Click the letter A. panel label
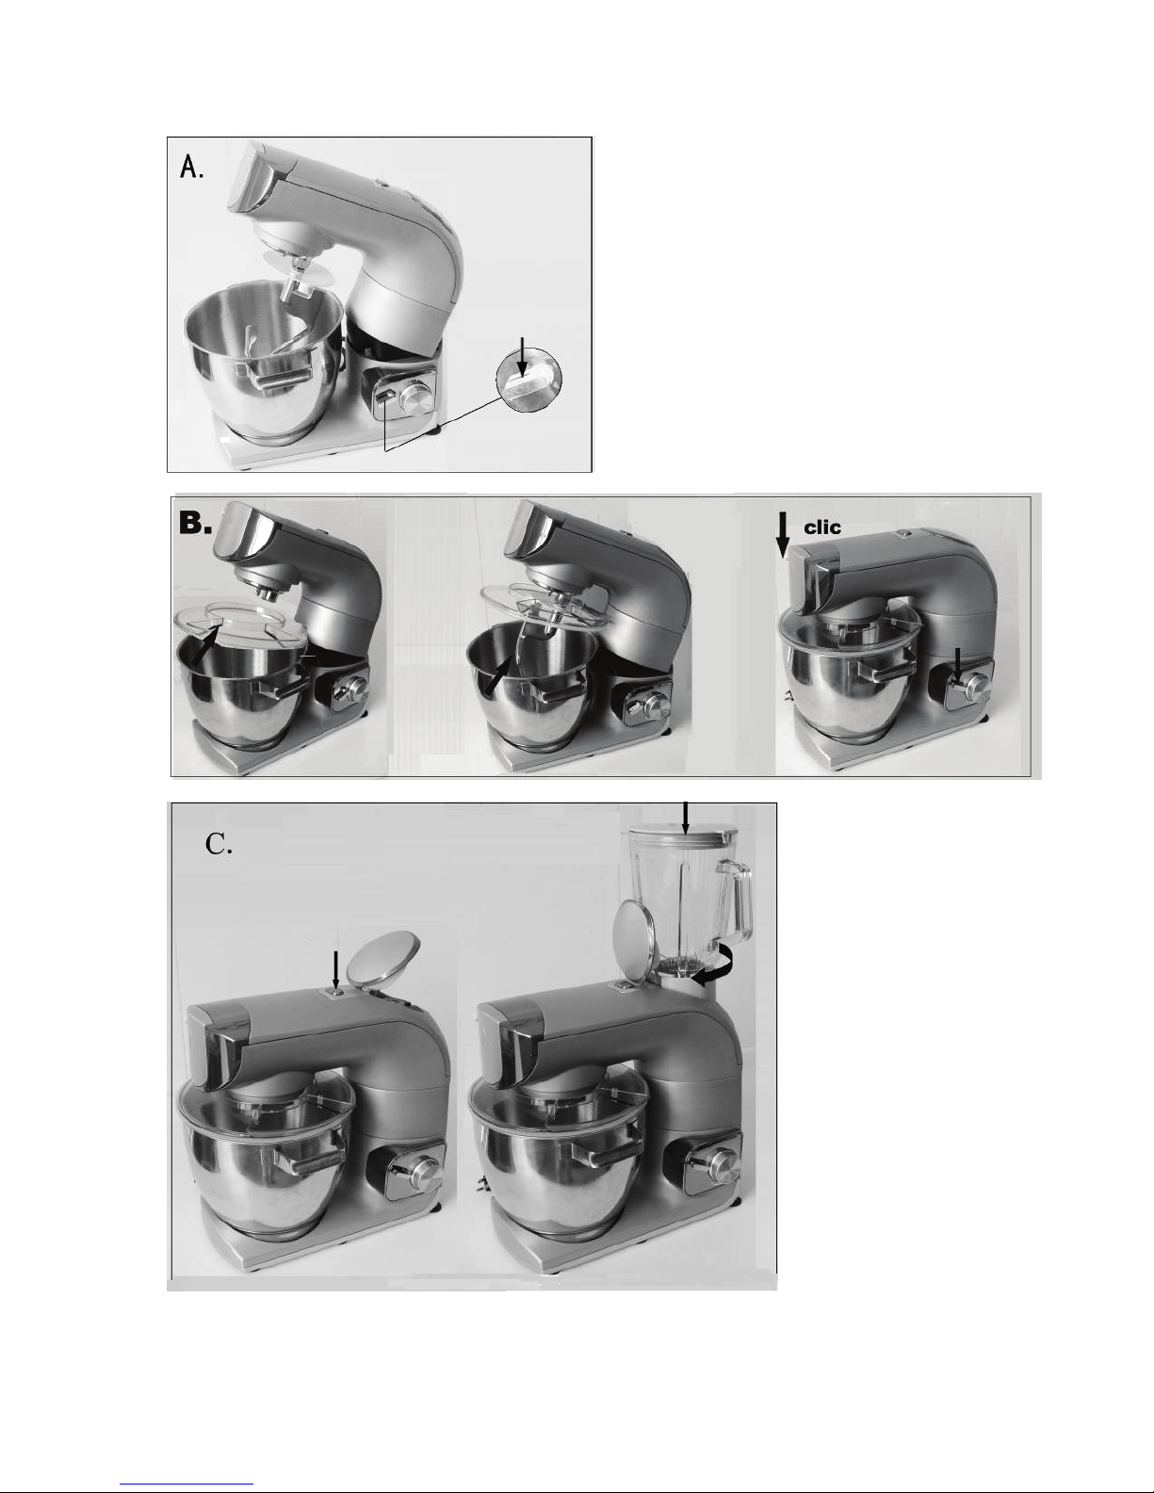pyautogui.click(x=191, y=167)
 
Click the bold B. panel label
pyautogui.click(x=195, y=524)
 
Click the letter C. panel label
pyautogui.click(x=219, y=844)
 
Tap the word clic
pyautogui.click(x=822, y=527)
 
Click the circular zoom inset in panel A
pyautogui.click(x=528, y=380)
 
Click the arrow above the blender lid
pyautogui.click(x=685, y=819)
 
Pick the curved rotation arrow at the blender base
pyautogui.click(x=712, y=964)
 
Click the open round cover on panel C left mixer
pyautogui.click(x=382, y=960)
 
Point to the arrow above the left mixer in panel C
pyautogui.click(x=336, y=970)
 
